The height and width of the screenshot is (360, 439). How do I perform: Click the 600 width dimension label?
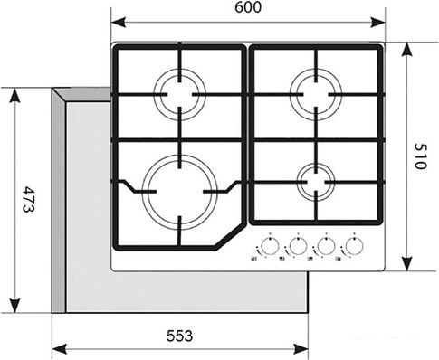[246, 9]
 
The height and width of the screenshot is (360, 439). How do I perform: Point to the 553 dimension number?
[179, 336]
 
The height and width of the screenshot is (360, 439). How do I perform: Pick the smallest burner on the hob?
[316, 179]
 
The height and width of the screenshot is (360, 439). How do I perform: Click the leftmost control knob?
[268, 245]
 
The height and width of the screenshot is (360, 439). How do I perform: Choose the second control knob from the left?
[296, 245]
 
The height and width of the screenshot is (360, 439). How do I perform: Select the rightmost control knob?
[353, 245]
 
